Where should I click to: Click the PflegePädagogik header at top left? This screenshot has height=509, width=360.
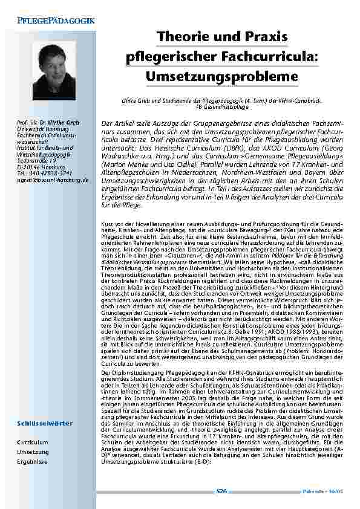(51, 22)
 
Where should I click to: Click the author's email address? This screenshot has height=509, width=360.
(53, 180)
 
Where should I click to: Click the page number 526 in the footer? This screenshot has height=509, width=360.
(221, 491)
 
